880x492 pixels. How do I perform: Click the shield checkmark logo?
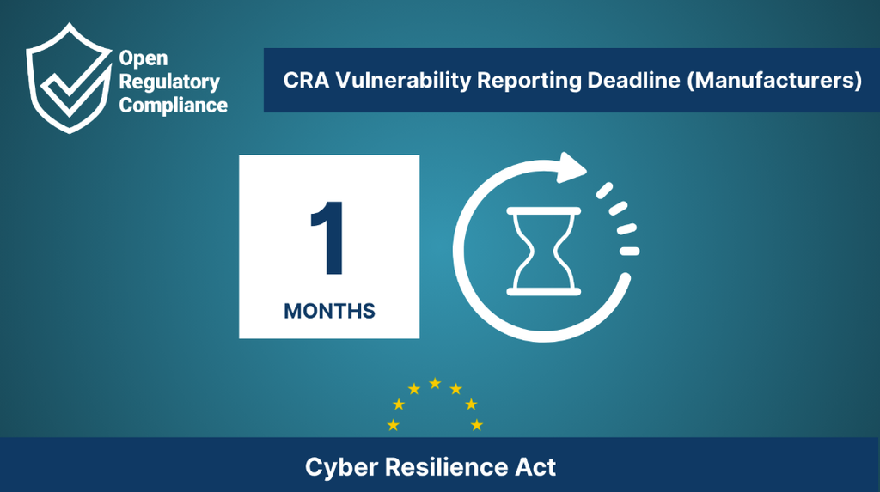point(69,78)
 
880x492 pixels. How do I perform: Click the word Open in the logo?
point(144,58)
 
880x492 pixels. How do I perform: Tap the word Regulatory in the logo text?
point(169,82)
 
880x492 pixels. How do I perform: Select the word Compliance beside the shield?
point(174,106)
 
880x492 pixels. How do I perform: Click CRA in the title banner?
point(306,80)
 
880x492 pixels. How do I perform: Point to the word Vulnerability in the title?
point(403,81)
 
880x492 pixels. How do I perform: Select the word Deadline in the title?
point(633,80)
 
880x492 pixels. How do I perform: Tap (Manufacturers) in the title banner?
point(774,81)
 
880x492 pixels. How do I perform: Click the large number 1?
point(328,238)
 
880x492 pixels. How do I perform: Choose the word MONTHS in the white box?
point(329,311)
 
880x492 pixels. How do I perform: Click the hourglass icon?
point(543,251)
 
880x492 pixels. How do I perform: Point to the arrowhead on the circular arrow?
point(571,167)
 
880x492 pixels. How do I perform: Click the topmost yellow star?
point(435,384)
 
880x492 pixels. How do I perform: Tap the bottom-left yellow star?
point(394,425)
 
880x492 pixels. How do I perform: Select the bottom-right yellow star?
point(476,425)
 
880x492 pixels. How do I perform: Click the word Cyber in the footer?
point(341,467)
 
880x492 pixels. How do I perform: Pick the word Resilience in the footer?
point(446,467)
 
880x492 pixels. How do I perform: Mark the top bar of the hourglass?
point(543,211)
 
